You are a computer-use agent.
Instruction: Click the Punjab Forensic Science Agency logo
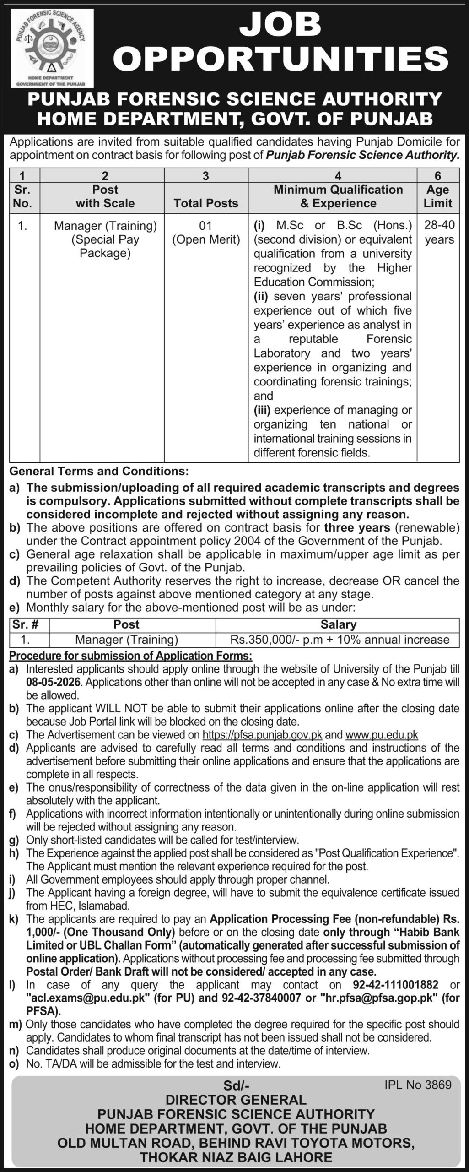[x=52, y=49]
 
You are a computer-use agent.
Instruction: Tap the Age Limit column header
[x=438, y=196]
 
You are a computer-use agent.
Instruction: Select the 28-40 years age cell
[x=439, y=233]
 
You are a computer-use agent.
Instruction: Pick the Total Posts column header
[x=206, y=203]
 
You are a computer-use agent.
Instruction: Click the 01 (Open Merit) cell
[x=206, y=233]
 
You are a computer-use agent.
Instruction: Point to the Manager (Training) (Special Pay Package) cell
[x=105, y=239]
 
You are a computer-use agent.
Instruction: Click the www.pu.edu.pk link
[x=382, y=735]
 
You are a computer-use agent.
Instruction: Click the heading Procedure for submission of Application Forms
[x=131, y=656]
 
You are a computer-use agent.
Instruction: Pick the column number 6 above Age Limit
[x=438, y=176]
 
